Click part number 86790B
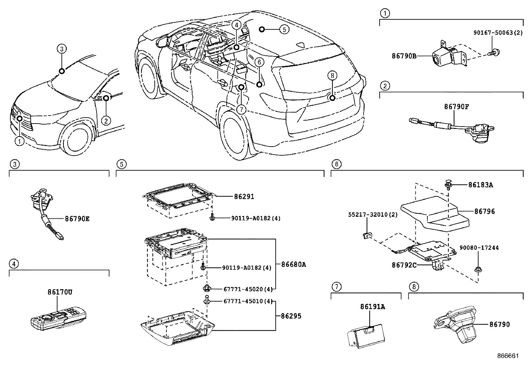(404, 56)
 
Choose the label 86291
(242, 197)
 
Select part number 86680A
(293, 264)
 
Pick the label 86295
(291, 316)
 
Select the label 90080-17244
(479, 248)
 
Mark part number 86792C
(404, 265)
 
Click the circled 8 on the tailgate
(332, 76)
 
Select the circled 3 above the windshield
(61, 49)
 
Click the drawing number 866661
(508, 356)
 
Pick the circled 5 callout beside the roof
(284, 29)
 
